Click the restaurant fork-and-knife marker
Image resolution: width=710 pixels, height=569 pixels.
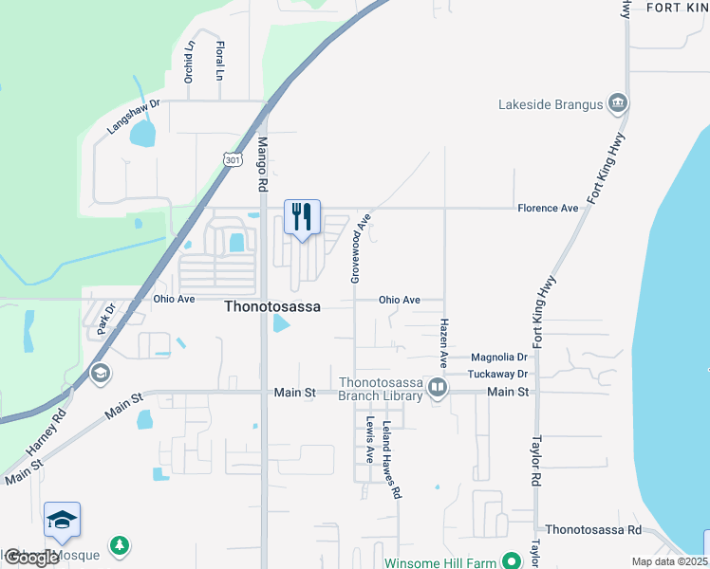point(302,217)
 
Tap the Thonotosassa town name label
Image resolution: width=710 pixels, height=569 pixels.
point(272,307)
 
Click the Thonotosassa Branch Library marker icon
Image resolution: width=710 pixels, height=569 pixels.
point(438,387)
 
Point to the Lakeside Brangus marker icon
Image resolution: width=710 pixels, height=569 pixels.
point(617,102)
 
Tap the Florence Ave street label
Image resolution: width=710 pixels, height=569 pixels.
point(548,208)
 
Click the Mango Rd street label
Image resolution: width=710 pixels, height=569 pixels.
point(263,166)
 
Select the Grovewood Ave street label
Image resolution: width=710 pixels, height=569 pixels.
point(360,248)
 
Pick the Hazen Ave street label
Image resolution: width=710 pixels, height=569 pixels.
point(443,342)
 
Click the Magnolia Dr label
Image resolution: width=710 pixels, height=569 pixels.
point(498,358)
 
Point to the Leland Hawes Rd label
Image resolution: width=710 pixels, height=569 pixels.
point(391,460)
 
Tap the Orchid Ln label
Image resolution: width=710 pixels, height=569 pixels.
point(190,62)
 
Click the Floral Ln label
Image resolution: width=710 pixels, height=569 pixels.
point(219,60)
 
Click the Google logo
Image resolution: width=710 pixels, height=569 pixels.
point(31,558)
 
